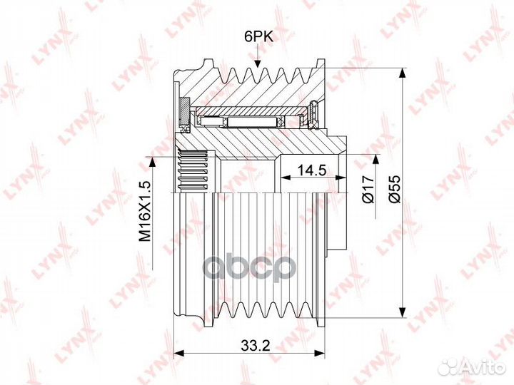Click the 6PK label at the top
point(258,37)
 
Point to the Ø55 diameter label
point(395,189)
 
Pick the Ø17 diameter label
point(368,189)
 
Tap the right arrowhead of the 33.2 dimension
point(319,353)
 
